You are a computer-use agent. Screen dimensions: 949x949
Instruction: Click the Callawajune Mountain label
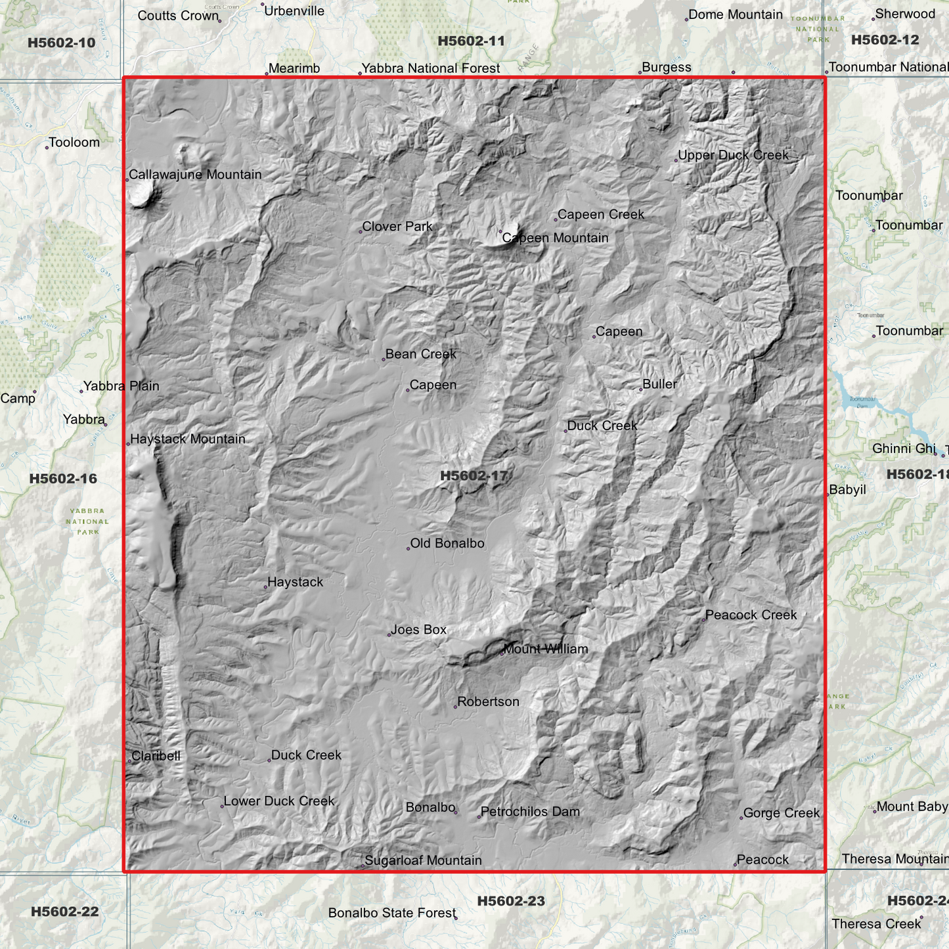[195, 175]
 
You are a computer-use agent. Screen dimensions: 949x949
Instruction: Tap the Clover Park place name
[397, 227]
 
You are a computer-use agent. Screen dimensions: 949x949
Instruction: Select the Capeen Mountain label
[556, 238]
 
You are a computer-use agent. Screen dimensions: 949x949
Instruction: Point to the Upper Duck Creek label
[733, 156]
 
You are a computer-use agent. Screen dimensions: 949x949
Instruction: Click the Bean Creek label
[420, 354]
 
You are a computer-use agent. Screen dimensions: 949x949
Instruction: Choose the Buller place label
[659, 384]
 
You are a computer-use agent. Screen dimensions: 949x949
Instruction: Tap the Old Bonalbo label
[447, 544]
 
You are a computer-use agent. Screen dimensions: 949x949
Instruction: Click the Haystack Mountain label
[188, 439]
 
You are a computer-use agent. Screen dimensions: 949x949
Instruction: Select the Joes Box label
[418, 630]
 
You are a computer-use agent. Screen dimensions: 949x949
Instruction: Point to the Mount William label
[546, 650]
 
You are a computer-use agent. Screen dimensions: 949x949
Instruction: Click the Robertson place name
[488, 702]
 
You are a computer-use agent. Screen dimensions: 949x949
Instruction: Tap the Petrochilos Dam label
[530, 812]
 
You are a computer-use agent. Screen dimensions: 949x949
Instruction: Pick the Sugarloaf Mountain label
[423, 860]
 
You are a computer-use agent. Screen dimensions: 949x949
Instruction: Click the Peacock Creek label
[751, 615]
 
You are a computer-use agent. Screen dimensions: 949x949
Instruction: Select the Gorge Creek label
[782, 813]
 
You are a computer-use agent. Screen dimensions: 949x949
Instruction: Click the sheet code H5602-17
[473, 475]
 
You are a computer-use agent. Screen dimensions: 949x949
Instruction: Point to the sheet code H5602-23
[511, 901]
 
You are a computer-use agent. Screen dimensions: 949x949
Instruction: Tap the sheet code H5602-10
[62, 43]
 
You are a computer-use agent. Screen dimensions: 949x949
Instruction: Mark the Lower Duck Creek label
[279, 801]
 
